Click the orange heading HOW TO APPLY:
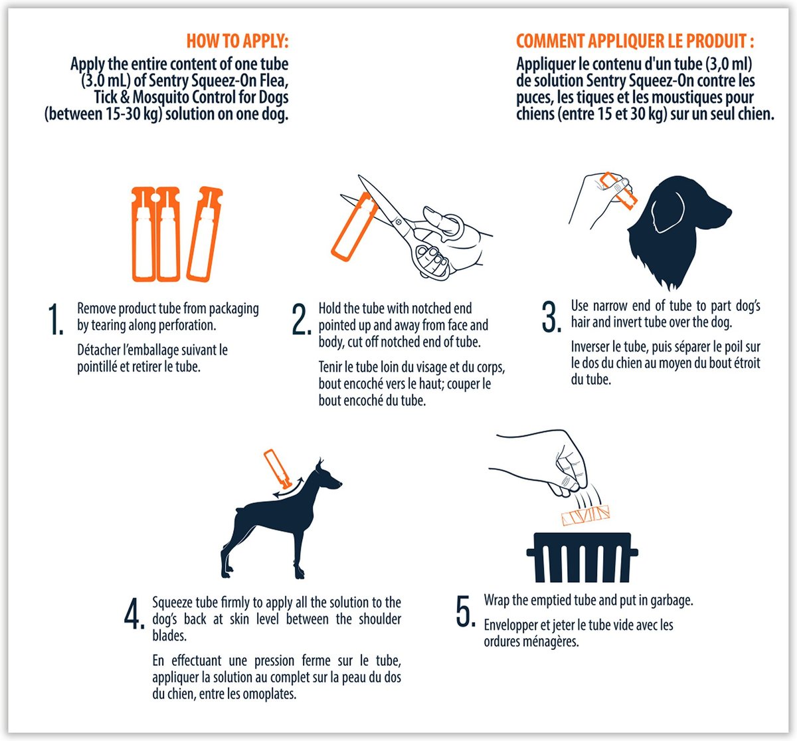pyautogui.click(x=238, y=41)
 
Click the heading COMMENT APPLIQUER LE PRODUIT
pyautogui.click(x=635, y=41)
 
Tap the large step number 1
pyautogui.click(x=56, y=319)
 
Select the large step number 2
pyautogui.click(x=302, y=319)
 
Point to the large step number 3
pyautogui.click(x=551, y=317)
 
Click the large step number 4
pyautogui.click(x=134, y=613)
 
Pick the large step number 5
pyautogui.click(x=466, y=611)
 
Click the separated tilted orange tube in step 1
pyautogui.click(x=205, y=234)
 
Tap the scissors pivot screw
pyautogui.click(x=398, y=222)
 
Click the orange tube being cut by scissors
pyautogui.click(x=353, y=227)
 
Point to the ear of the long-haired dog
pyautogui.click(x=667, y=211)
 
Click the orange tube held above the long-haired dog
pyautogui.click(x=618, y=191)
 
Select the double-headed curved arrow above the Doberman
pyautogui.click(x=288, y=488)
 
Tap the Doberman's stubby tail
pyautogui.click(x=239, y=510)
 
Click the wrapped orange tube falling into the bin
pyautogui.click(x=586, y=515)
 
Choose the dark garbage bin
pyautogui.click(x=582, y=558)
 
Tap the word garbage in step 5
pyautogui.click(x=671, y=600)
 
